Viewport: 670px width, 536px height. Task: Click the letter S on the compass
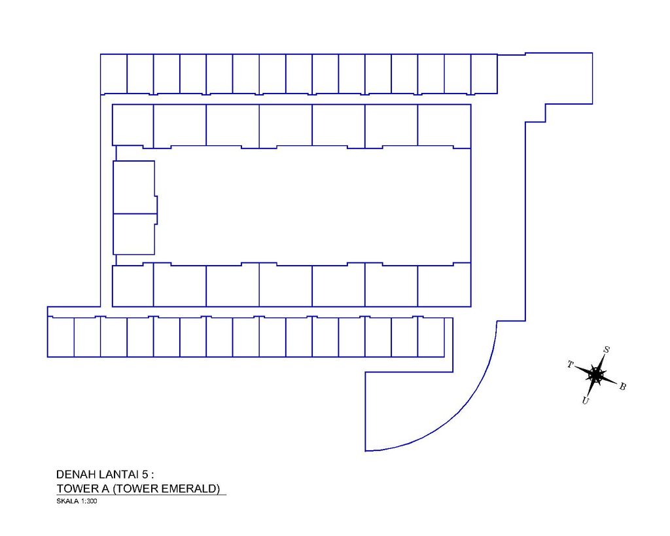(606, 350)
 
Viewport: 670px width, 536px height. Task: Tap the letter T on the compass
(570, 365)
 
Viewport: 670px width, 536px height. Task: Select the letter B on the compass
(623, 386)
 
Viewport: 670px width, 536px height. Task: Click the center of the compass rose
(595, 375)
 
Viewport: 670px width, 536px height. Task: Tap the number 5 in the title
(145, 474)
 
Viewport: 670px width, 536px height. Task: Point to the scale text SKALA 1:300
(77, 501)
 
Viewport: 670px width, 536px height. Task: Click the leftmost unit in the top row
(114, 74)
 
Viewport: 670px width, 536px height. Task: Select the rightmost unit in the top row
(484, 74)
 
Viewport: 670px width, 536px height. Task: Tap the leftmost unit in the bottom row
(61, 337)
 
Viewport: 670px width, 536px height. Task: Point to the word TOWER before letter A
(75, 489)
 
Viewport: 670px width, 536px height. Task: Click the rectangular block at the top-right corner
(559, 79)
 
